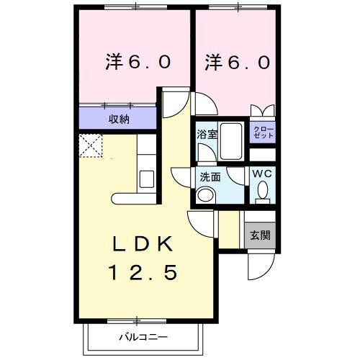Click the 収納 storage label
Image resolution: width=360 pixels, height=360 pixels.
[x=120, y=119]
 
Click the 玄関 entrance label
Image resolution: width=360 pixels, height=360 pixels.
[x=260, y=235]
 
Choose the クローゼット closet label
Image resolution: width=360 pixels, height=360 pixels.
[x=261, y=132]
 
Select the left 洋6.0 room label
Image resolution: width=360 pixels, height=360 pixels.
[x=138, y=63]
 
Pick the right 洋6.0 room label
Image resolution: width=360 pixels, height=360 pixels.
[x=237, y=63]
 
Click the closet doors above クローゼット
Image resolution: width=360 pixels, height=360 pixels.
[x=261, y=111]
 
